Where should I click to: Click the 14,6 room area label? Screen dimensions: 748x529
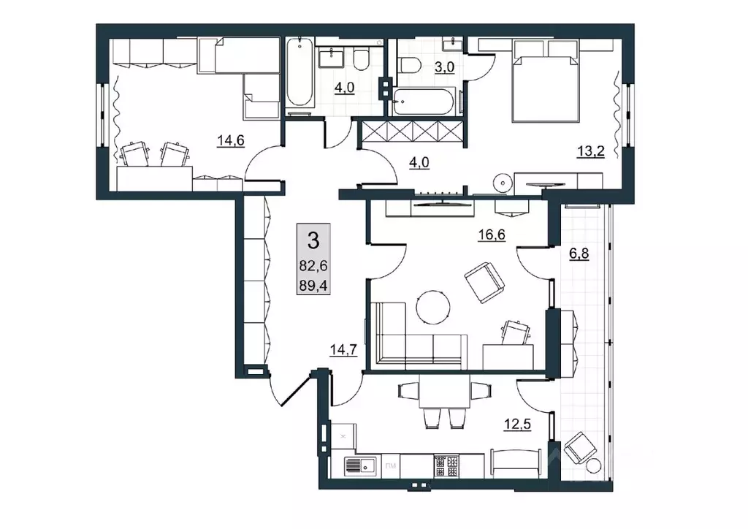tap(231, 141)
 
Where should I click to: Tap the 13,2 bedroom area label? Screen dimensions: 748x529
tap(591, 152)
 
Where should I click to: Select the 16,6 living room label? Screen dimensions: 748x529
tap(492, 235)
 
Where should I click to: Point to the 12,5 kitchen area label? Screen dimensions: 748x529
tap(518, 424)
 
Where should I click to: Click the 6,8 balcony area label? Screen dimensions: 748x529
tap(579, 254)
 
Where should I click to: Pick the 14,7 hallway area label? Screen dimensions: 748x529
tap(343, 351)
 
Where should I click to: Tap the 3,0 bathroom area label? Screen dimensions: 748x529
tap(445, 67)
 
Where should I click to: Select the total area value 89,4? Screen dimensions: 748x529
tap(313, 285)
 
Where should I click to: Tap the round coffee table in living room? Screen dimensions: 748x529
tap(432, 308)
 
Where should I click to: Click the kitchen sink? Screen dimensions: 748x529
tap(359, 466)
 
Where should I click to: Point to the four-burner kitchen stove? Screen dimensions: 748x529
tap(446, 466)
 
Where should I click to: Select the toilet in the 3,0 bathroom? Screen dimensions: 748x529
tap(409, 65)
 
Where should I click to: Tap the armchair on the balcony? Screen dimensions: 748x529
tap(580, 448)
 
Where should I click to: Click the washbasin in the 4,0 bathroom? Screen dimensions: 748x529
tap(331, 58)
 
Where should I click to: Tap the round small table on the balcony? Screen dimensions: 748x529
tap(595, 465)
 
